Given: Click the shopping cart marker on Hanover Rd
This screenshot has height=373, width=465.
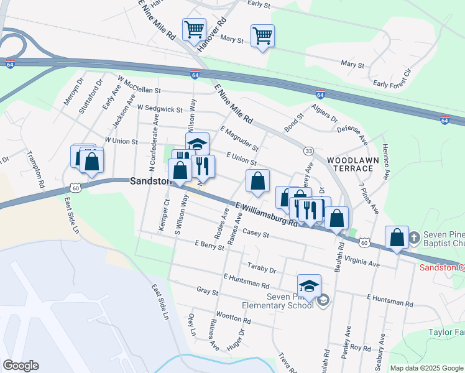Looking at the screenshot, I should pos(194,29).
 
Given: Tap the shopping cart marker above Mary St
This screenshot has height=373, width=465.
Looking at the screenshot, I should pos(262,35).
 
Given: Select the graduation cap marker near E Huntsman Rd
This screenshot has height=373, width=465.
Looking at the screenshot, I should pos(309,286).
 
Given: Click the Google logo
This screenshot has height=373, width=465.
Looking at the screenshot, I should pos(21,366).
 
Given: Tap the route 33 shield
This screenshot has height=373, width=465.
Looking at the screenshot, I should pos(308,151).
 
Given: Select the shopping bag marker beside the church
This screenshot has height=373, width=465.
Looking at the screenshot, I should pos(397,237).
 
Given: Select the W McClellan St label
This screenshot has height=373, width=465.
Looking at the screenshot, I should pos(139,85).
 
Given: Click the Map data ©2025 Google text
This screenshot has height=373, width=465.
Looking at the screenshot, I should pos(426,368).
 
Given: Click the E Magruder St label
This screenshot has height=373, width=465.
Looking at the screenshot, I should pos(239,139).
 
